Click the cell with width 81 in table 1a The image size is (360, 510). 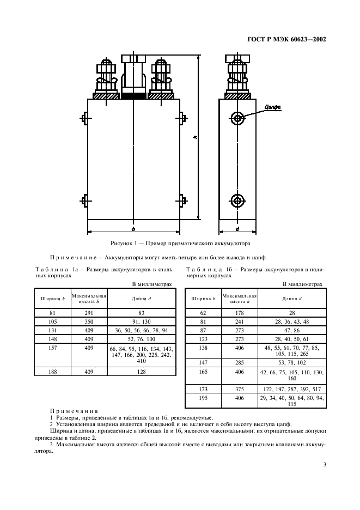tap(53, 313)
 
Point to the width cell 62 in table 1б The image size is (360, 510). tap(204, 313)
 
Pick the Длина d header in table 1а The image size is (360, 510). tap(141, 298)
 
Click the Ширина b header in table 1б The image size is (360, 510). tap(204, 298)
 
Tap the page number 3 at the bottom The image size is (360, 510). tap(324, 465)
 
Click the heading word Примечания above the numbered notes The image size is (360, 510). tap(74, 411)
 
